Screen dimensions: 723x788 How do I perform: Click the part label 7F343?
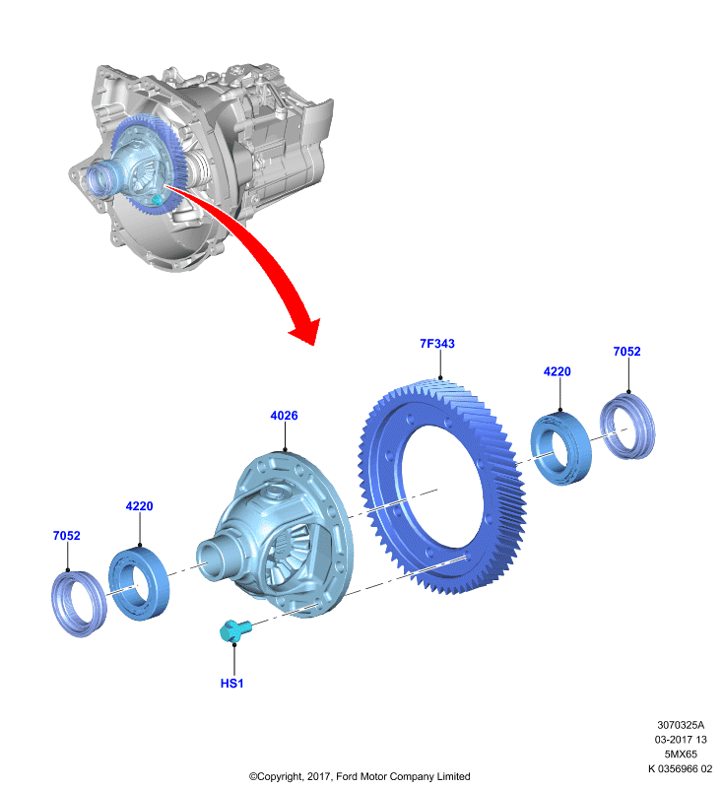point(437,343)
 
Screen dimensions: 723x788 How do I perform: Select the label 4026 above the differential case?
point(284,416)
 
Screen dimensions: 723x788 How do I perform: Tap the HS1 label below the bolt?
point(231,684)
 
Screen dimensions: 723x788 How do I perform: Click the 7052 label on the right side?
point(627,352)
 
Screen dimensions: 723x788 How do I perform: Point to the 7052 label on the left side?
point(66,536)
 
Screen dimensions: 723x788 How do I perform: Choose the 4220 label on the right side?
point(558,371)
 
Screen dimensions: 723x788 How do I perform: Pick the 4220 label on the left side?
point(139,506)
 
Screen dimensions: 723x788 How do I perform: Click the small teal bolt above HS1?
point(234,630)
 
